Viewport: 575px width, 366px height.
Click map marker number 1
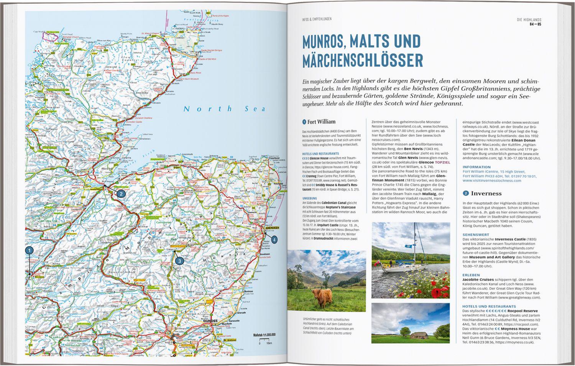29,250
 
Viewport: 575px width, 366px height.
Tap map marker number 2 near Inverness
121,194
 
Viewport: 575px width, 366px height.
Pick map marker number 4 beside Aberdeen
274,240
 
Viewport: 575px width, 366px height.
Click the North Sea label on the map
224,109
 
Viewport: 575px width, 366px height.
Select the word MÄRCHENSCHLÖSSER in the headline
362,61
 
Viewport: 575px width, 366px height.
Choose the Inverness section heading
486,194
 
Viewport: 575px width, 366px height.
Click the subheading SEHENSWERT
475,234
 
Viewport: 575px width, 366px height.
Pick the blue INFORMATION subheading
476,167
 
